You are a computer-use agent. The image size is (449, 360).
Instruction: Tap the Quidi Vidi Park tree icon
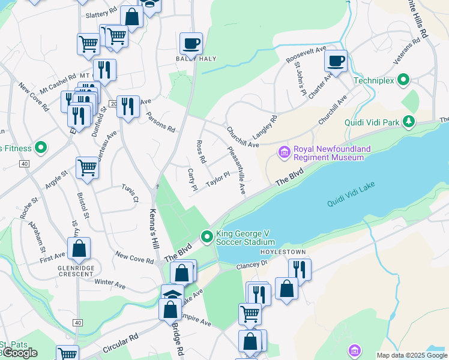click(x=409, y=122)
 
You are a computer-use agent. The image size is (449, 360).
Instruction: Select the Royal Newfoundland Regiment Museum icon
click(x=285, y=153)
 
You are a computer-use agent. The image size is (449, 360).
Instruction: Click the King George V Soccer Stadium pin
click(x=207, y=238)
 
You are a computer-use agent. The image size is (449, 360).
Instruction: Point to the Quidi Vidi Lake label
click(x=351, y=196)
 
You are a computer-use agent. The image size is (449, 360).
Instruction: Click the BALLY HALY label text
click(x=196, y=58)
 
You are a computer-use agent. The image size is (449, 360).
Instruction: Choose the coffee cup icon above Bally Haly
click(x=191, y=43)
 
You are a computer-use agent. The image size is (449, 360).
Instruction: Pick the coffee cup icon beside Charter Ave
click(x=336, y=61)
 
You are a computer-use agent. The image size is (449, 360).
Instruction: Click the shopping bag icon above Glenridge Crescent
click(x=79, y=248)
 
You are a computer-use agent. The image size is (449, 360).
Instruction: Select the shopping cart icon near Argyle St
click(x=88, y=168)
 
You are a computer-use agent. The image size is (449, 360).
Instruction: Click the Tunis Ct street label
click(x=130, y=193)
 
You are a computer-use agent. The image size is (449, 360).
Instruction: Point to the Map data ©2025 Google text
click(x=412, y=355)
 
